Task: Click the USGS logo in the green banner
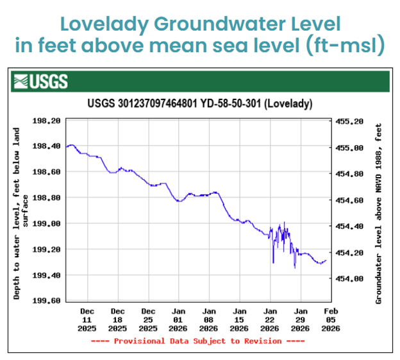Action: point(40,81)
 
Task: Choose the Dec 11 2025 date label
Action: point(87,319)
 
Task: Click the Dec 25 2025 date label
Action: point(148,319)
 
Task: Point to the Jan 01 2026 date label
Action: point(178,319)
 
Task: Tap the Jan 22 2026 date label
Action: point(270,319)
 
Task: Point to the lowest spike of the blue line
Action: point(295,267)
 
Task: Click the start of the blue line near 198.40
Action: point(67,147)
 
